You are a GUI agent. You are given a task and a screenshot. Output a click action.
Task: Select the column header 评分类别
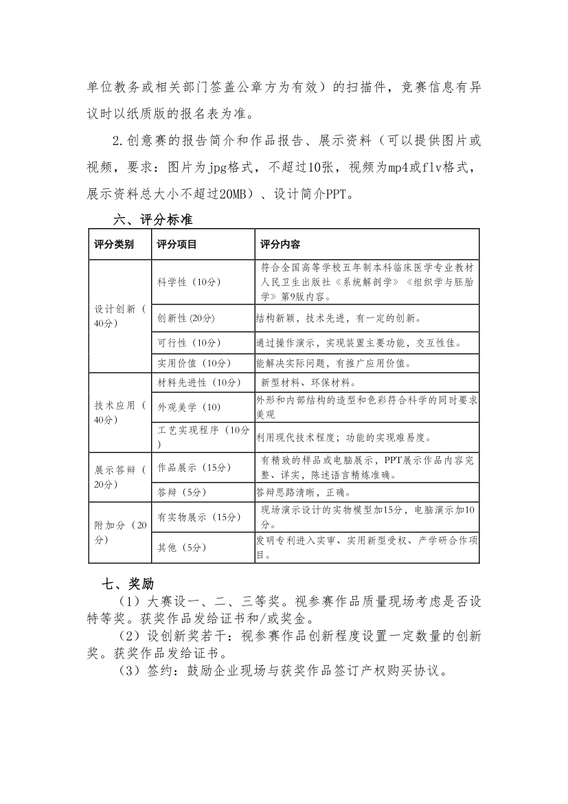[x=114, y=244]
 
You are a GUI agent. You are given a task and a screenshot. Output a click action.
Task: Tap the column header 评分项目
[x=177, y=244]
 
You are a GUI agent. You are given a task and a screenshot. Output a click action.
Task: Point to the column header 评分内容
[x=279, y=244]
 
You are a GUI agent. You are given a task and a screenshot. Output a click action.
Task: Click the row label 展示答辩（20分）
[x=120, y=477]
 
